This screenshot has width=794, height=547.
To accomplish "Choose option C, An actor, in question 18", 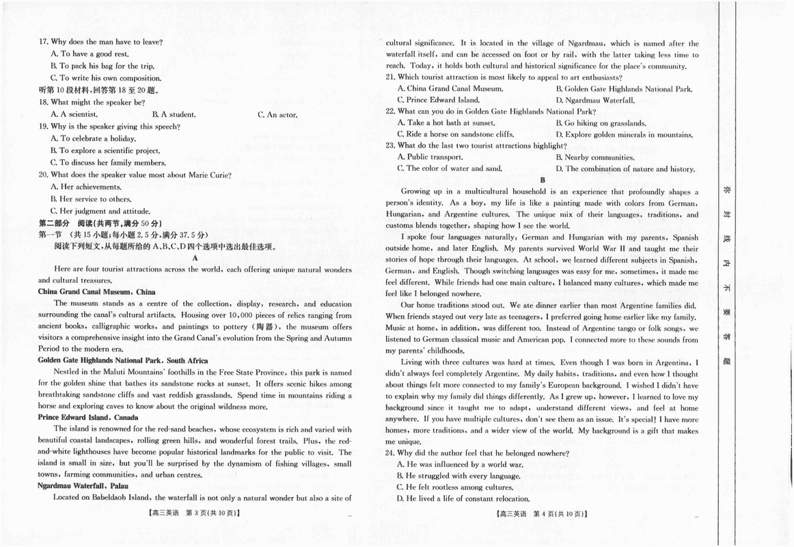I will pyautogui.click(x=277, y=114).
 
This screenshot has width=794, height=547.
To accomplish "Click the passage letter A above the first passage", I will pyautogui.click(x=195, y=258).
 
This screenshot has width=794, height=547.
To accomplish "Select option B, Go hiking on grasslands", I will pyautogui.click(x=591, y=123).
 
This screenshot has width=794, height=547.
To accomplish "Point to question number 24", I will pyautogui.click(x=390, y=453).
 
